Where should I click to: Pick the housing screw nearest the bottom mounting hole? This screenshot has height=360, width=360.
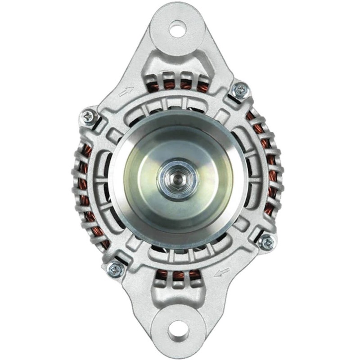(116, 269)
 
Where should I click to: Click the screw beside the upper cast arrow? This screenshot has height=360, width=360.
(89, 116)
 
